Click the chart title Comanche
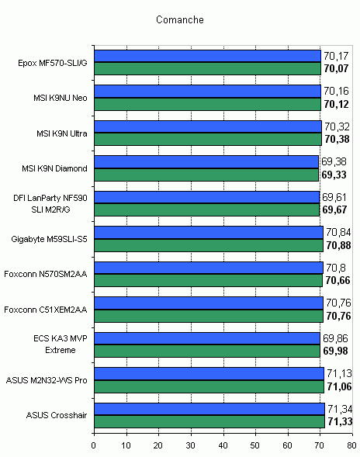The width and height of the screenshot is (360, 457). click(x=180, y=20)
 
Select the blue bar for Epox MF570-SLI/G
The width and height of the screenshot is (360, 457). click(x=208, y=56)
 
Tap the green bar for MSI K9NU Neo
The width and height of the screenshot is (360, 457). click(x=208, y=104)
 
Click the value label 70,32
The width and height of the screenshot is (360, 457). click(x=337, y=126)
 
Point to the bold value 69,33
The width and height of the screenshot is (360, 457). click(x=334, y=175)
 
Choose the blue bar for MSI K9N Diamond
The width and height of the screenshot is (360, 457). click(x=206, y=161)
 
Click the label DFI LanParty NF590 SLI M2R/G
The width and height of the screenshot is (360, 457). click(x=50, y=204)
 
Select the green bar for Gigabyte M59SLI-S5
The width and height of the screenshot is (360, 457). click(x=209, y=245)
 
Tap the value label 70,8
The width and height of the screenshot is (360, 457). click(x=336, y=268)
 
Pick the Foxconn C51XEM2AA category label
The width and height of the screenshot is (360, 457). click(x=46, y=310)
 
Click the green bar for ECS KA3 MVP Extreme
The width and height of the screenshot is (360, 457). click(x=207, y=351)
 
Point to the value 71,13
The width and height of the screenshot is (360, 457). click(x=339, y=373)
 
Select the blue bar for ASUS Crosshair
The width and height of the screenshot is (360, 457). click(x=209, y=409)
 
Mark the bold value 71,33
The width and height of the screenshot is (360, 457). click(x=340, y=421)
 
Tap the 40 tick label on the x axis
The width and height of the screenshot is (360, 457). click(x=223, y=445)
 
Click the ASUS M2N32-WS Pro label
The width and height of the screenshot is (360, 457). click(x=47, y=380)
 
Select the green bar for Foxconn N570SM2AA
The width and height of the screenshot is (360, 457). click(x=209, y=280)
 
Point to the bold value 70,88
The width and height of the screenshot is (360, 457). click(x=338, y=245)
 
